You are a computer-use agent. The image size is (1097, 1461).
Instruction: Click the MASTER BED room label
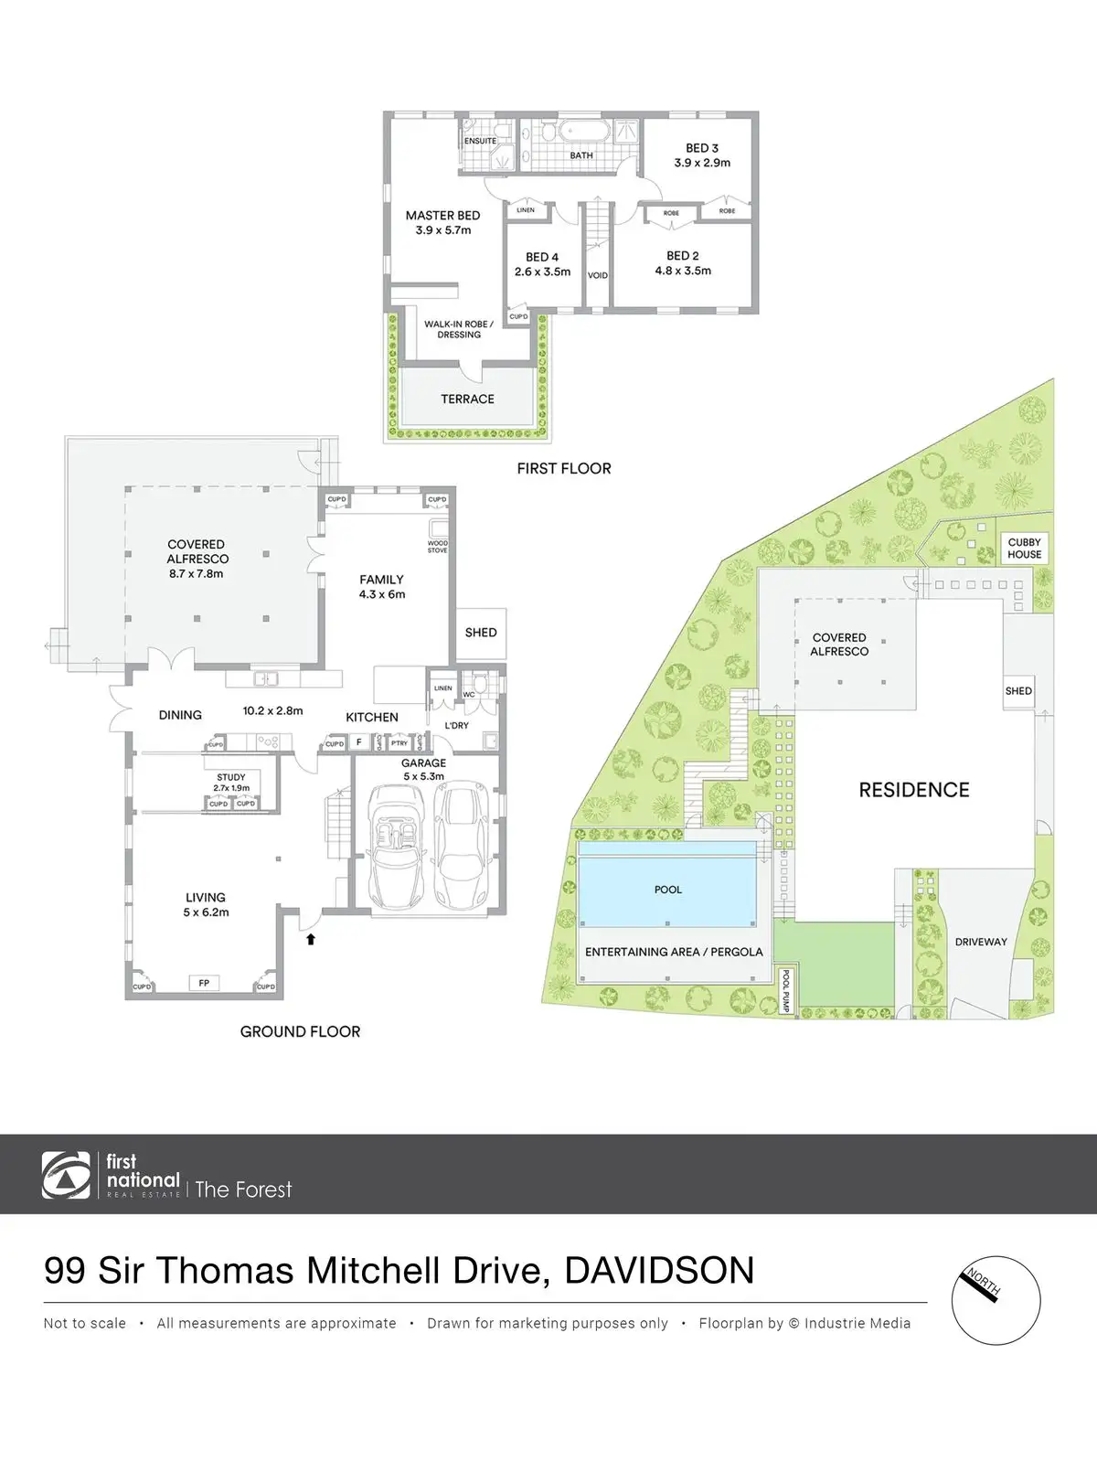pyautogui.click(x=442, y=216)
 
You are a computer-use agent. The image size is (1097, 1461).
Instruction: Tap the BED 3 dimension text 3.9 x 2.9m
pyautogui.click(x=702, y=163)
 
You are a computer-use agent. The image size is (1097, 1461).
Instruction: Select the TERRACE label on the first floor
pyautogui.click(x=467, y=399)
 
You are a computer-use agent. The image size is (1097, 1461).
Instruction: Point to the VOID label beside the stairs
pyautogui.click(x=598, y=275)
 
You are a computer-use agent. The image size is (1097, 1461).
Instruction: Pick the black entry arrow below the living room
pyautogui.click(x=311, y=938)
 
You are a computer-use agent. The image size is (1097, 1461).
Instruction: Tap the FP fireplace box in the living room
pyautogui.click(x=204, y=983)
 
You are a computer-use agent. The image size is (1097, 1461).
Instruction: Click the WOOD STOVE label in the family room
pyautogui.click(x=438, y=547)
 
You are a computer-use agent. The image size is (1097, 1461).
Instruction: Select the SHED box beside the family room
pyautogui.click(x=481, y=632)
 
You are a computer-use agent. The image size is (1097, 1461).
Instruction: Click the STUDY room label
pyautogui.click(x=231, y=777)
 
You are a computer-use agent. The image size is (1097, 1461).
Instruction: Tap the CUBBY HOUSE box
pyautogui.click(x=1024, y=548)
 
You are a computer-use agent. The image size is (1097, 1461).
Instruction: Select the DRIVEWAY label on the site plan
pyautogui.click(x=981, y=942)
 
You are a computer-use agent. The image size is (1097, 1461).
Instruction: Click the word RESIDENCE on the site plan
pyautogui.click(x=914, y=790)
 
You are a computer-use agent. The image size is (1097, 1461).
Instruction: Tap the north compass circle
pyautogui.click(x=996, y=1300)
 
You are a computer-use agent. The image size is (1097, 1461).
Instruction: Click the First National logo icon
pyautogui.click(x=66, y=1175)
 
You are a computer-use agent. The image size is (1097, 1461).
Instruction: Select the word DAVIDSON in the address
pyautogui.click(x=659, y=1271)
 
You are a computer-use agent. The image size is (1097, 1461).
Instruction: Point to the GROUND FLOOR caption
pyautogui.click(x=300, y=1031)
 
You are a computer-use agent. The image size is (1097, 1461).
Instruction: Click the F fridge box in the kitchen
pyautogui.click(x=359, y=742)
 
